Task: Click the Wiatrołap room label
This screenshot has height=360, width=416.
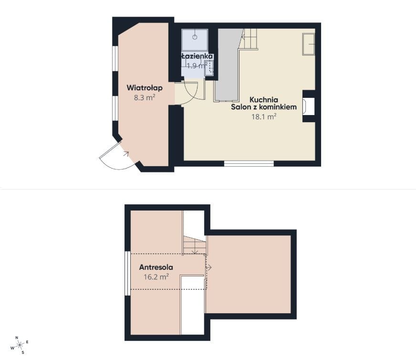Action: coord(145,87)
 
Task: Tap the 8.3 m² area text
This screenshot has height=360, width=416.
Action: coord(145,97)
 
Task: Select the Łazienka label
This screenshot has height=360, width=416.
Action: coord(197,56)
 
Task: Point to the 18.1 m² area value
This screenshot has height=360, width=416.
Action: coord(264,116)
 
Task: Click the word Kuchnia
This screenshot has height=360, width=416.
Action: coord(264,100)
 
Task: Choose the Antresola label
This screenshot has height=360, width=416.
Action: coord(156,267)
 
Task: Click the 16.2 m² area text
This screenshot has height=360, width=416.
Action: coord(156,277)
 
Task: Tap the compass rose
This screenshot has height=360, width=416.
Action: coord(20,345)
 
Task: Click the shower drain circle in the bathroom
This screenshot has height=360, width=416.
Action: coord(195,37)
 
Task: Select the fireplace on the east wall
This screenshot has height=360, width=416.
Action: coord(309,106)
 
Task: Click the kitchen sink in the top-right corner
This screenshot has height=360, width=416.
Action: coord(309,44)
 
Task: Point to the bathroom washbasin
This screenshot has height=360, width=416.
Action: coord(209,68)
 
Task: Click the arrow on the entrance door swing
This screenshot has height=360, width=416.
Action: coord(126,154)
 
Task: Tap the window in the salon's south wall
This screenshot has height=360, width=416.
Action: coord(249,164)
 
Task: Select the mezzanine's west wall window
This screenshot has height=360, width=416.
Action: coord(127,274)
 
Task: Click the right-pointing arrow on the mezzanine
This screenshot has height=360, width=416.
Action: coord(209,267)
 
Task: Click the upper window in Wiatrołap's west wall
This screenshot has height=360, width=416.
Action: coord(115,59)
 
